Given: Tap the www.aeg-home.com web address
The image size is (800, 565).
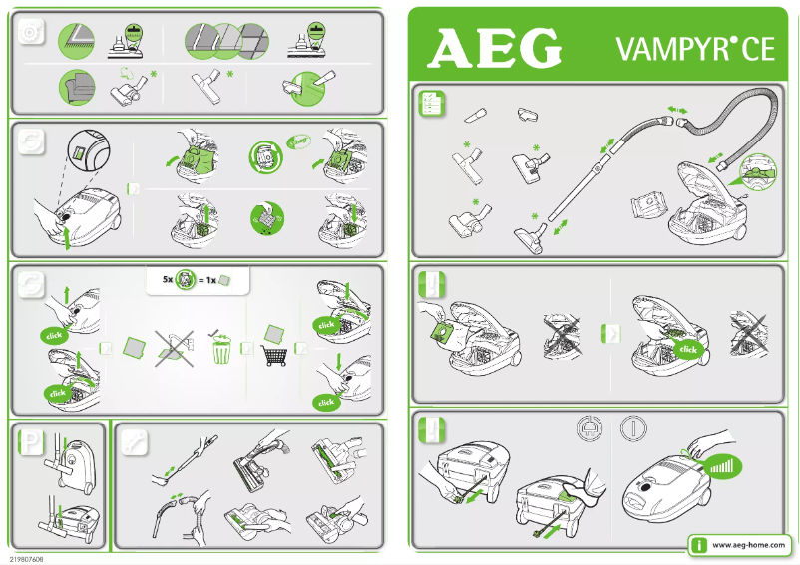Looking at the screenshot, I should (x=748, y=547).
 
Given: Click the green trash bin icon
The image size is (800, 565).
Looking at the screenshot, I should (x=221, y=351).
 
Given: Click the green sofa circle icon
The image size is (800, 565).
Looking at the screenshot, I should (x=76, y=88).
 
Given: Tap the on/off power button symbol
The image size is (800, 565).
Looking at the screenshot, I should (x=633, y=430).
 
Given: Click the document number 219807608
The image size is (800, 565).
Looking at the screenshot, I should (x=26, y=559).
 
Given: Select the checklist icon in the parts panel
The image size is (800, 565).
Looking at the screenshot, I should (x=431, y=103).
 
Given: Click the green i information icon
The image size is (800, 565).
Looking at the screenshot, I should (x=701, y=546).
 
